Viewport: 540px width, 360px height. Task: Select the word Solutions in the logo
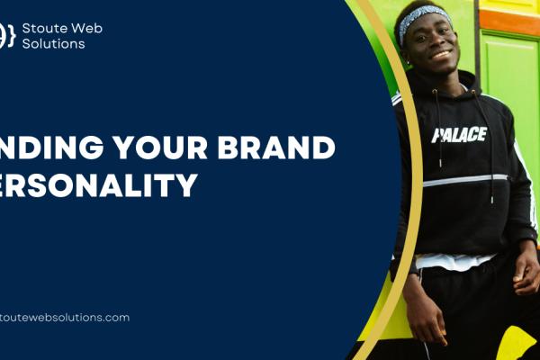54,44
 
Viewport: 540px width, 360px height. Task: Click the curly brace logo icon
8,36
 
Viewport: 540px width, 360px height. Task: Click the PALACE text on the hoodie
459,135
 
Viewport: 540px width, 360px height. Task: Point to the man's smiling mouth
441,55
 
